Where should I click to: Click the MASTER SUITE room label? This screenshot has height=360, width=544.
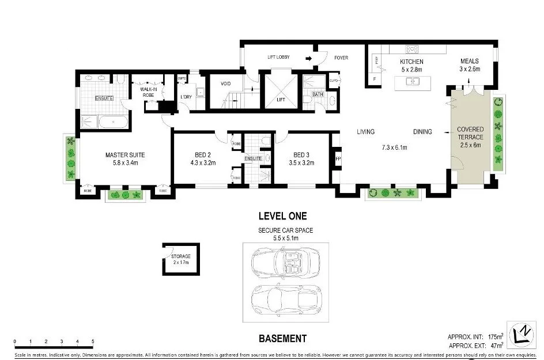tap(124, 155)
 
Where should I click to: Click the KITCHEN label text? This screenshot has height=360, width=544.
tap(412, 62)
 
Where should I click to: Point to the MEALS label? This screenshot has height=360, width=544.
tap(469, 62)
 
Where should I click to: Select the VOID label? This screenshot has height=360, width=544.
tap(226, 84)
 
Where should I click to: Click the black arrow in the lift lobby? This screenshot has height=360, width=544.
tap(309, 58)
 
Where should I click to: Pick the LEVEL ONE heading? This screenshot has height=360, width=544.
tap(282, 217)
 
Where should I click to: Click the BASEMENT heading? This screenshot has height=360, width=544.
tap(282, 339)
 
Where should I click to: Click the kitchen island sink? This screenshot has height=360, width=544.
tap(413, 81)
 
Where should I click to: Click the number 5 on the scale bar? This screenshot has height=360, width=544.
tap(92, 341)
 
